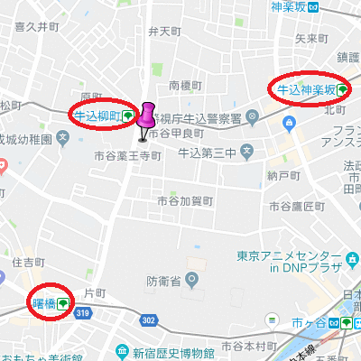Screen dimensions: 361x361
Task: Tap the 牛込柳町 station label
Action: point(97,116)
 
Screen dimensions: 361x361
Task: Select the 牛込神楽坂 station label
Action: point(307,90)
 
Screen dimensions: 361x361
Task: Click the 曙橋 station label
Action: point(44,303)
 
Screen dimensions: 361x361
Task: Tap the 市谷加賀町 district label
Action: point(184,200)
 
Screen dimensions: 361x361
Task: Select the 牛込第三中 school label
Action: point(206,151)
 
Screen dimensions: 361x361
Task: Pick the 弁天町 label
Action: point(165,32)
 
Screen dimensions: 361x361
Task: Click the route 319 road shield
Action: point(82,313)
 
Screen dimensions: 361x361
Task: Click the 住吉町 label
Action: point(30,262)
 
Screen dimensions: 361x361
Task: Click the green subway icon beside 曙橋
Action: point(62,304)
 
